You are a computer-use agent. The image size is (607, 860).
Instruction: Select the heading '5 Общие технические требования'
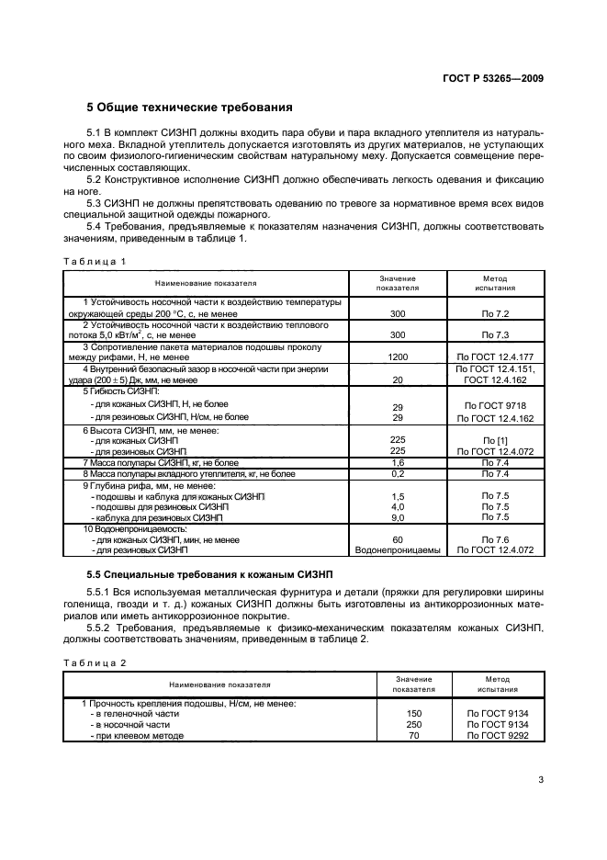[x=189, y=107]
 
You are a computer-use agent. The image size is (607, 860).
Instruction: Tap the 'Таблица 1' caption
[x=94, y=260]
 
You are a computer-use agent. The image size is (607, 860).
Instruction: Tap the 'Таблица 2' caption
[x=94, y=662]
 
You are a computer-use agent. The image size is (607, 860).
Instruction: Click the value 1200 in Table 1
[x=398, y=356]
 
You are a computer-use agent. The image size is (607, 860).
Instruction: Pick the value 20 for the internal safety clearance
[x=398, y=379]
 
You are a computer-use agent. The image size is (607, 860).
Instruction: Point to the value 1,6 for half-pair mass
[x=398, y=462]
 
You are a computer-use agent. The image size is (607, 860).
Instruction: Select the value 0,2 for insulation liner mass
[x=398, y=473]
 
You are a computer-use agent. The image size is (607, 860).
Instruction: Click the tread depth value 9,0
[x=398, y=517]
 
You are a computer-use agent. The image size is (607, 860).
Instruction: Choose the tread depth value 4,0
[x=398, y=506]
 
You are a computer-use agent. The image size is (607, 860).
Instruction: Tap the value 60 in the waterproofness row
[x=398, y=539]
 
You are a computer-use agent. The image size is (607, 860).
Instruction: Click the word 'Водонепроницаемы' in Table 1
[x=398, y=550]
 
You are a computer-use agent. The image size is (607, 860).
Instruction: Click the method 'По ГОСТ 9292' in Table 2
[x=499, y=736]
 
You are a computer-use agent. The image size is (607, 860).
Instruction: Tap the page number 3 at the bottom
[x=541, y=781]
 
